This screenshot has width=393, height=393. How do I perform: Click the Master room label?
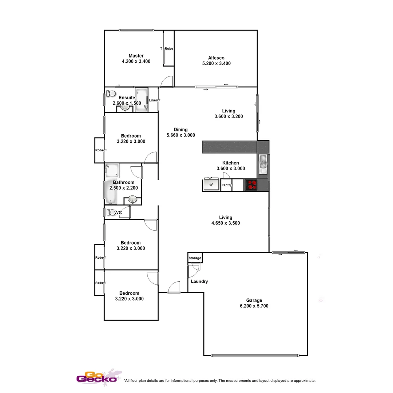(x=136, y=56)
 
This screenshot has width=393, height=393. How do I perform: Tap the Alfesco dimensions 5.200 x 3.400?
(x=216, y=63)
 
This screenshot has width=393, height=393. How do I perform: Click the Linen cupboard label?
(x=153, y=100)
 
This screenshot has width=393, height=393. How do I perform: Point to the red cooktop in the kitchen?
(x=250, y=185)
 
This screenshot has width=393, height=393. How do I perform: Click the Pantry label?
(x=226, y=185)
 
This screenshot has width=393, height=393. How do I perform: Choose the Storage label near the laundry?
(x=195, y=258)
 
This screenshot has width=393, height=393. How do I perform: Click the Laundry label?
(x=199, y=281)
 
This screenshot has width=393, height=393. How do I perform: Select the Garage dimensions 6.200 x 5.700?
(x=254, y=306)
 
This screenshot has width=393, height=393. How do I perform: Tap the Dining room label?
(x=180, y=130)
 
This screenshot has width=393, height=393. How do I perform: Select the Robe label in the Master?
(x=169, y=48)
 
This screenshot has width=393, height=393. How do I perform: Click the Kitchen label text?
(x=230, y=163)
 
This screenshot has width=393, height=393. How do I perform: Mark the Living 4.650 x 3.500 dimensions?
(x=226, y=223)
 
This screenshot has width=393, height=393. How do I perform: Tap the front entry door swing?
(x=174, y=287)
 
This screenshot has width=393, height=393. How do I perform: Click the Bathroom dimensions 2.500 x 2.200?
(x=124, y=188)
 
